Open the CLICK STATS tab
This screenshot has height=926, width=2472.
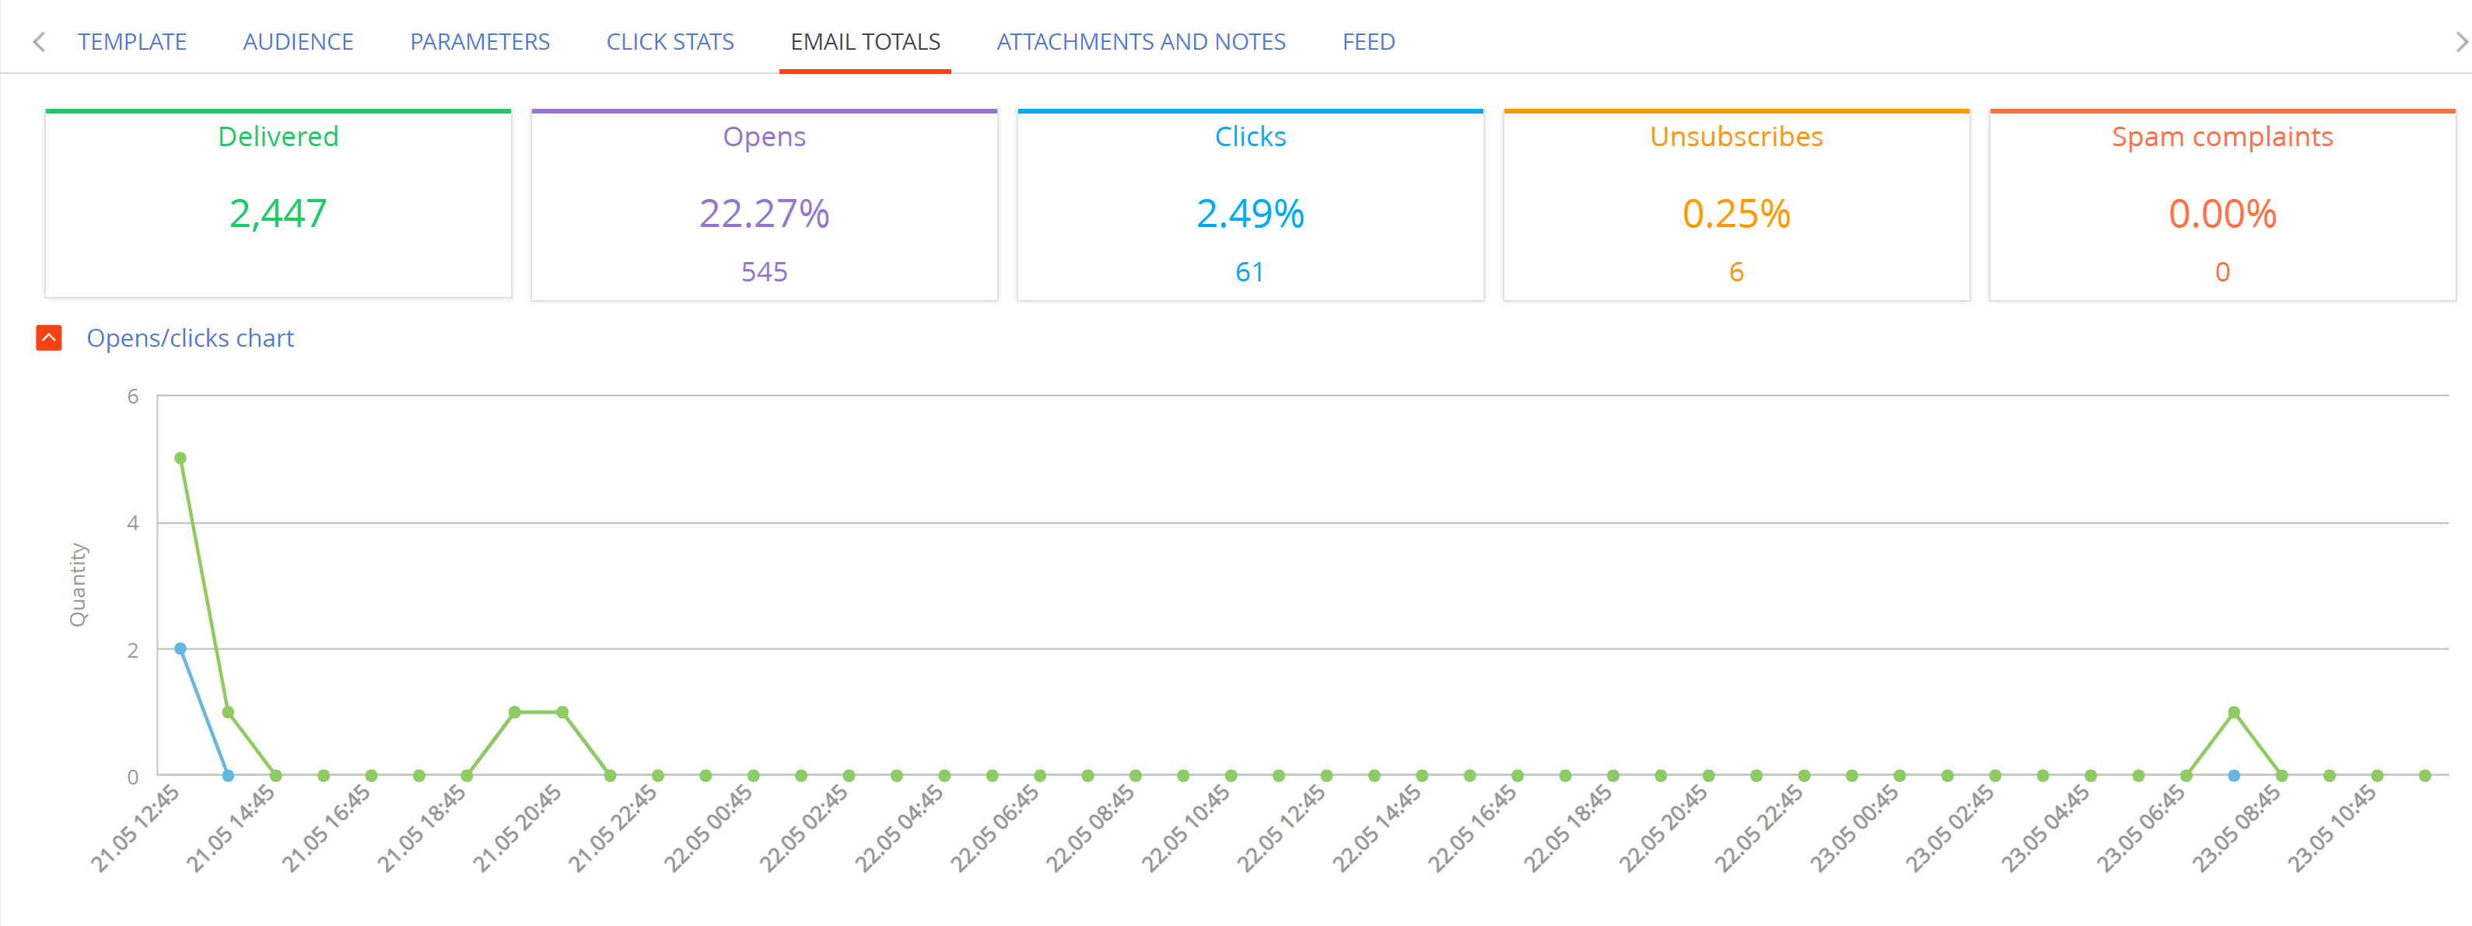click(670, 42)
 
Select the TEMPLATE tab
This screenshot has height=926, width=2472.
click(132, 42)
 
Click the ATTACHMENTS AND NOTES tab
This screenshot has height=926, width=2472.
click(1141, 42)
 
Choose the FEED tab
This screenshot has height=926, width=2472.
click(1368, 42)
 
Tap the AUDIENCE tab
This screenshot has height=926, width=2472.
click(299, 42)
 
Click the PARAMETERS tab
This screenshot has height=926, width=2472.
click(480, 42)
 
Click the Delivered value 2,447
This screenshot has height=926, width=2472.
click(278, 214)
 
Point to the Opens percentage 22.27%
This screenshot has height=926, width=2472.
click(764, 214)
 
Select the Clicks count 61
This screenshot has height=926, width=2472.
click(1249, 273)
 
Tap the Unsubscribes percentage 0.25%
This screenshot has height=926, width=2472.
click(1736, 214)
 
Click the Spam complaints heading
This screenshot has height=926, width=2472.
click(2222, 137)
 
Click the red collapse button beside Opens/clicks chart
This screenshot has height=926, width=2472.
click(49, 337)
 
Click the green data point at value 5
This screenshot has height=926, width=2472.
click(180, 459)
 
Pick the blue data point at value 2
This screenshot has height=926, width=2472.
click(180, 648)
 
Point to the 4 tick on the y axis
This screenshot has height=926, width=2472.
click(132, 523)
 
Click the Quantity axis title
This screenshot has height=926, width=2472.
click(78, 585)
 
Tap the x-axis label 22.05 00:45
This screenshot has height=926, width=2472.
click(708, 828)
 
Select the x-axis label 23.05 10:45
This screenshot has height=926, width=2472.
click(2332, 828)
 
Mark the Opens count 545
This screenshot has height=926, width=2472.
click(764, 273)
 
